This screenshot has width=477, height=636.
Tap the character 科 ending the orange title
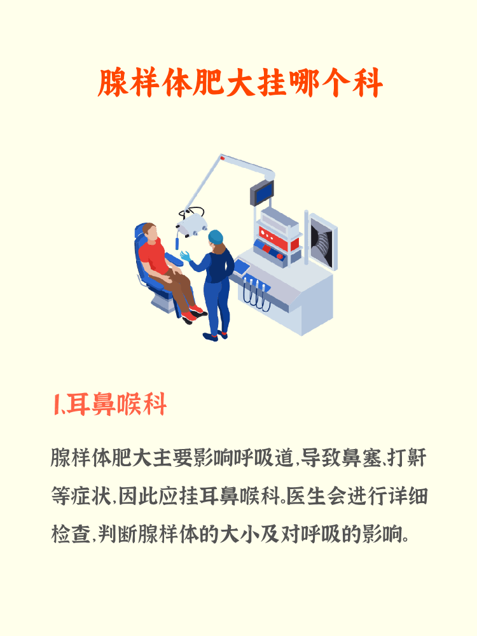click(366, 83)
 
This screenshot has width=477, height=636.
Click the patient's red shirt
click(154, 255)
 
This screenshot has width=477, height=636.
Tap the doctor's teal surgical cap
click(216, 237)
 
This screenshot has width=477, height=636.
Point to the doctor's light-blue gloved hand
click(186, 256)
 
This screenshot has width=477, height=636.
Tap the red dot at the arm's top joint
click(222, 156)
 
